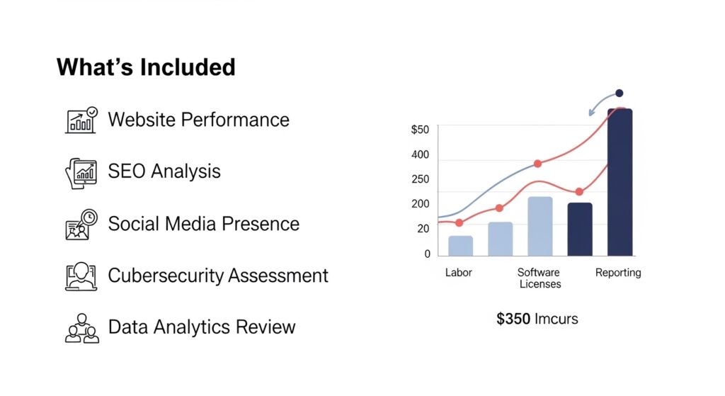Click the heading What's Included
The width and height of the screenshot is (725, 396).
point(146,67)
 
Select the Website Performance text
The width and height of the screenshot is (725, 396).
point(198,120)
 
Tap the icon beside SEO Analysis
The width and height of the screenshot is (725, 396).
point(81,172)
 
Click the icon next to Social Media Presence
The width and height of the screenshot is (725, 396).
point(81,225)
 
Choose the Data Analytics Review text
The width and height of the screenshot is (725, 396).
point(201,327)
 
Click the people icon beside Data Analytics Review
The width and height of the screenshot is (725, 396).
point(81,328)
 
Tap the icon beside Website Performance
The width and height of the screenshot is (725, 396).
point(81,120)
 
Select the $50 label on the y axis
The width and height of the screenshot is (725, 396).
point(420,130)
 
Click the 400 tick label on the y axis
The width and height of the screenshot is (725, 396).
point(420,155)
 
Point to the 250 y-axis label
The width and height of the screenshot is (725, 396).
point(420,179)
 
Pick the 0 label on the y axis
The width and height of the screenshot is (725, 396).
point(427,254)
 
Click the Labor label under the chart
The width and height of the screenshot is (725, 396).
point(459,273)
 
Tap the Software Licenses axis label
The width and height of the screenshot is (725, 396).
point(540,278)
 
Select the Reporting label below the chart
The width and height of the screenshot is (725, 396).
point(618,273)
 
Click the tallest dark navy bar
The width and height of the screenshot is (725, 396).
point(620,184)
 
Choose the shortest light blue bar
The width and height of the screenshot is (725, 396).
point(460,246)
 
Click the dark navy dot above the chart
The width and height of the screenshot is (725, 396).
point(620,93)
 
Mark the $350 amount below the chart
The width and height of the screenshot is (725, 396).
point(513,319)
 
